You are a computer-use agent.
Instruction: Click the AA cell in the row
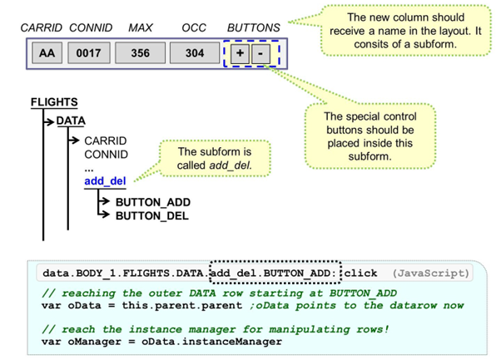pos(48,53)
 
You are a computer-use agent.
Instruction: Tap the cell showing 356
pos(140,53)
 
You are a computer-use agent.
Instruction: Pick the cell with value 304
pos(194,53)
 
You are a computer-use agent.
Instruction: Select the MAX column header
pos(141,27)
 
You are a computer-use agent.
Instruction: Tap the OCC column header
pos(194,27)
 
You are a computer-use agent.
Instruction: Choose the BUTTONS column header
pos(254,27)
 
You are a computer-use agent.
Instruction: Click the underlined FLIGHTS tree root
pos(53,103)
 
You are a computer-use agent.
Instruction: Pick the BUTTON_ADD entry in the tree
pos(152,202)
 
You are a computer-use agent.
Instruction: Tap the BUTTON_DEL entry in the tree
pos(151,216)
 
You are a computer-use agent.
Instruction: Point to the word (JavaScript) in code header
pos(431,273)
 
